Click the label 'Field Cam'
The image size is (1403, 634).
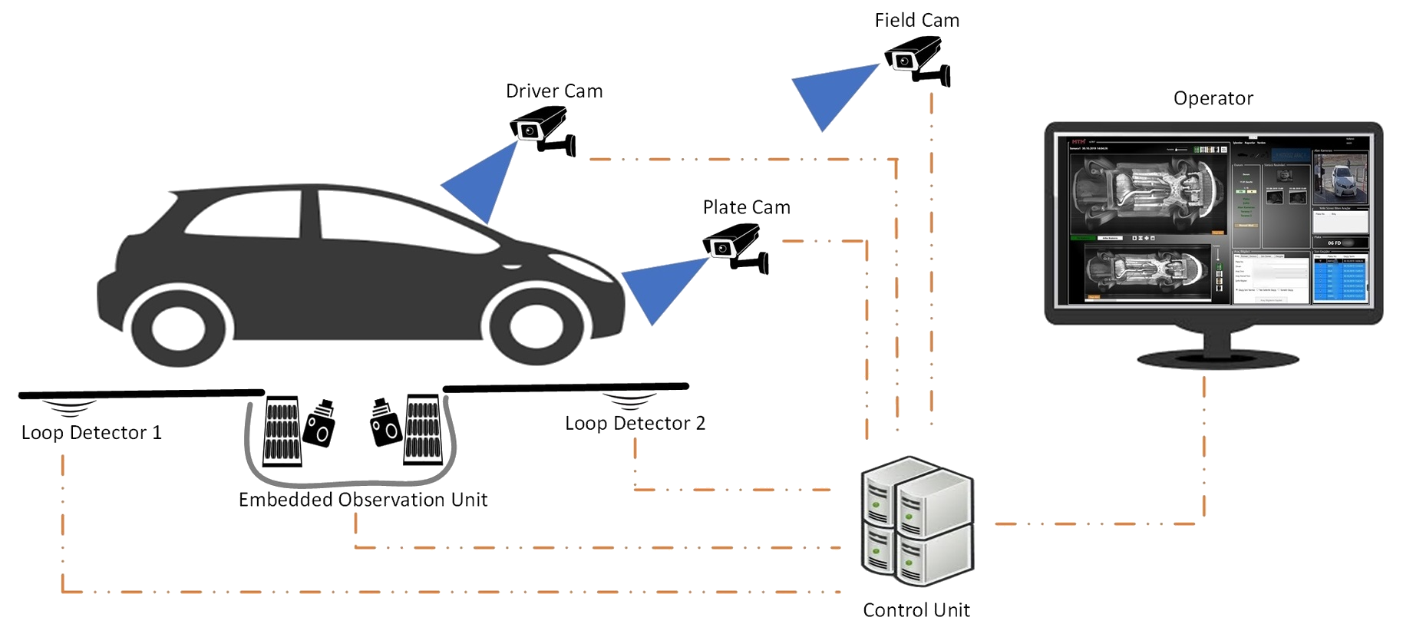click(916, 21)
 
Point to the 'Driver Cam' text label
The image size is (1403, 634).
click(554, 91)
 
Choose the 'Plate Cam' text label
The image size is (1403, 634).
click(746, 207)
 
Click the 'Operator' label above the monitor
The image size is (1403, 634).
click(1213, 98)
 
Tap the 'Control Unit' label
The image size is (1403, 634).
click(916, 610)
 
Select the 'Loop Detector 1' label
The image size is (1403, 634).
click(91, 433)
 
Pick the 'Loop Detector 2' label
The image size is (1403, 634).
click(635, 424)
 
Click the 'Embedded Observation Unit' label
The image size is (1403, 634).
click(363, 500)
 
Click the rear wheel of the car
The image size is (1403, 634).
click(178, 328)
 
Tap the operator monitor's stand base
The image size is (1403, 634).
click(1217, 358)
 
